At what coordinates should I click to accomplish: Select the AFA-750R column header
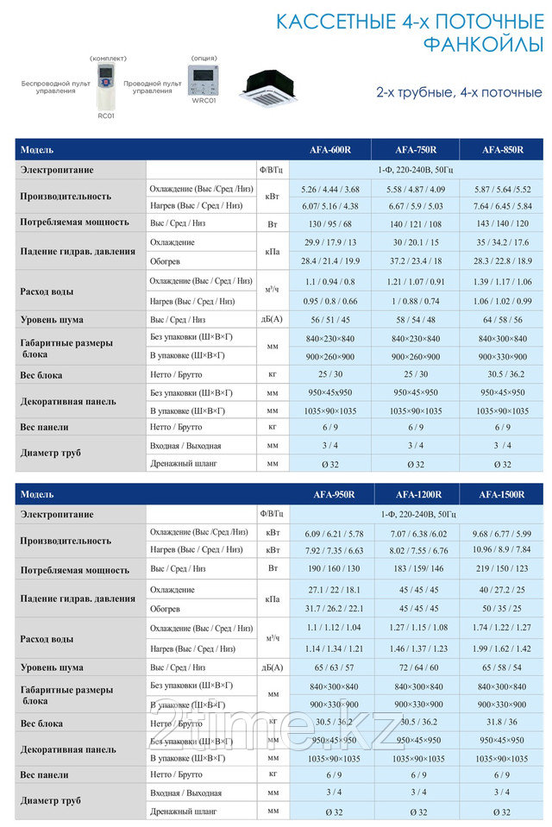(x=417, y=149)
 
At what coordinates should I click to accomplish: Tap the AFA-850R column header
(x=503, y=149)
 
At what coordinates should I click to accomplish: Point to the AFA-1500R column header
(x=503, y=494)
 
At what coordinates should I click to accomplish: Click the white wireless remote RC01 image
(x=106, y=85)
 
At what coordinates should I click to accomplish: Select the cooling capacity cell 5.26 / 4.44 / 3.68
(x=330, y=189)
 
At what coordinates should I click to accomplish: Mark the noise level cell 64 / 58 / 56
(x=503, y=319)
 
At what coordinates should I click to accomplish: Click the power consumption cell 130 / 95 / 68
(x=330, y=223)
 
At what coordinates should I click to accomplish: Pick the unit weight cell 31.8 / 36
(x=503, y=723)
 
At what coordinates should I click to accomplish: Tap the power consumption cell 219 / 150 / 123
(x=503, y=568)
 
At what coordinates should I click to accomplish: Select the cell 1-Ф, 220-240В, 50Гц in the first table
(x=417, y=170)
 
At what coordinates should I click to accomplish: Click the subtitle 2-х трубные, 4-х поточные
(x=459, y=91)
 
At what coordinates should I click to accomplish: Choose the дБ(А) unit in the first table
(x=273, y=319)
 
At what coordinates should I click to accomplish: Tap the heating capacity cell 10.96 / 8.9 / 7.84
(x=503, y=549)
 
